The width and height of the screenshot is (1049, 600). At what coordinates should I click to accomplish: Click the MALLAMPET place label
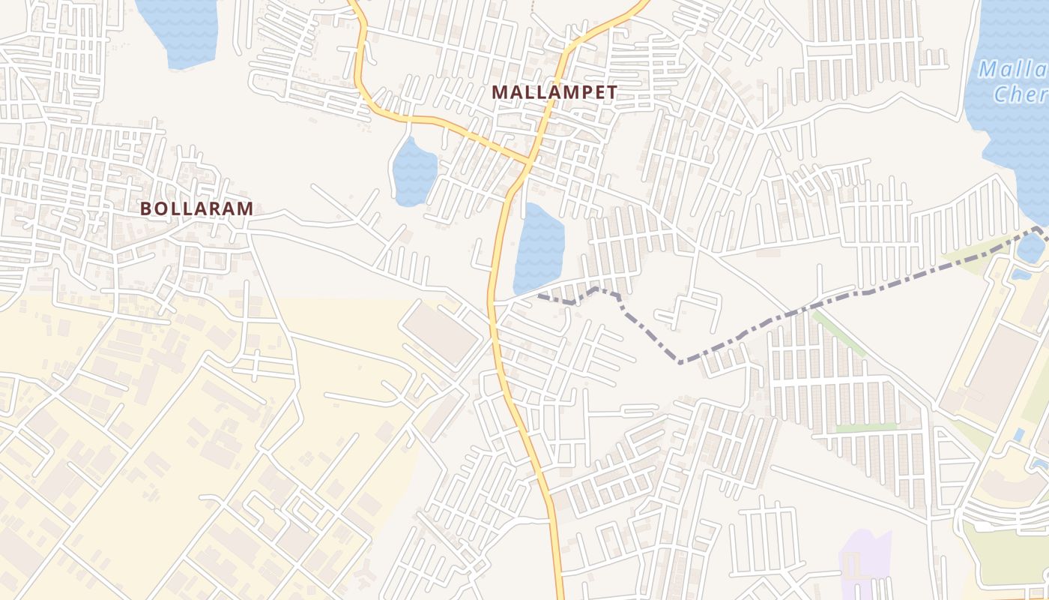(x=554, y=92)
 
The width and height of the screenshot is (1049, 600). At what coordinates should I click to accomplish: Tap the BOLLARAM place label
(x=196, y=209)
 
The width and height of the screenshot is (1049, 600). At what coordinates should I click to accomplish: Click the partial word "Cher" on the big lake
(x=1019, y=94)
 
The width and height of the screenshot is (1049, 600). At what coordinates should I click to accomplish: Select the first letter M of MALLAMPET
(x=498, y=92)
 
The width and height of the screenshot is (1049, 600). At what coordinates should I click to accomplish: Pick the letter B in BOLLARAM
(x=147, y=209)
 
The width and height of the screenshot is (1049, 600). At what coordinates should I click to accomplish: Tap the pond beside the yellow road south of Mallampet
(x=538, y=247)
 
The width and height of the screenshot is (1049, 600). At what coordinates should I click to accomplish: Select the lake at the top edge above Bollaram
(x=177, y=30)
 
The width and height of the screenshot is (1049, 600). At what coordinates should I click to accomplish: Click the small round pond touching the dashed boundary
(x=1032, y=248)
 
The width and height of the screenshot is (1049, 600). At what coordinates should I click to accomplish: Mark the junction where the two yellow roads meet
(x=528, y=160)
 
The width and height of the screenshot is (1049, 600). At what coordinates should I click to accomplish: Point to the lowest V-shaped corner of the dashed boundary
(x=680, y=362)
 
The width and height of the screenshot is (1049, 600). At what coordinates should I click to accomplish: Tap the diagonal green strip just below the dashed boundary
(x=839, y=333)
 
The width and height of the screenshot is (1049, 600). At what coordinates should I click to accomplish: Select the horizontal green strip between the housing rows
(x=865, y=428)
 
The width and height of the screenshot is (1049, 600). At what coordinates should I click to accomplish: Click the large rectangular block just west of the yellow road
(x=441, y=334)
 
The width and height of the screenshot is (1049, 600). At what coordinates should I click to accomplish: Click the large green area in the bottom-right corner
(x=1008, y=555)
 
